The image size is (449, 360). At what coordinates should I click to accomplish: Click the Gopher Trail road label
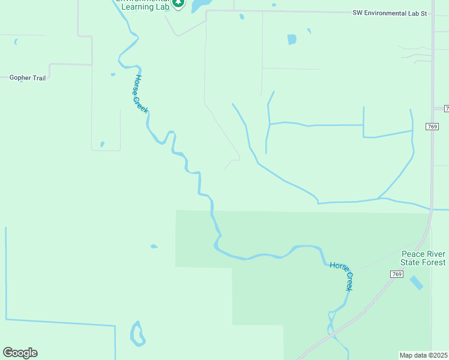pos(28,78)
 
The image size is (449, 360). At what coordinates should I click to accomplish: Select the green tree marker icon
pos(178,4)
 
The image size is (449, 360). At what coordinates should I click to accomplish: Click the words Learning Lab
pos(146,5)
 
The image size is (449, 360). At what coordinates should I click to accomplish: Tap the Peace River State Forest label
pos(423,259)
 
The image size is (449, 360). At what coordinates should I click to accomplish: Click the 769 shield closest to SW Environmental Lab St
pos(433,127)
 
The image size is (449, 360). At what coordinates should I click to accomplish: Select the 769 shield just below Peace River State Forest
pos(396,274)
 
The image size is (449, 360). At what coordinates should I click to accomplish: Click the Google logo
pos(20,353)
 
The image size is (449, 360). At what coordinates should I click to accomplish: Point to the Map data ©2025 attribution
pos(424,355)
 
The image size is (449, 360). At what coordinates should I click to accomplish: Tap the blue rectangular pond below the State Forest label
pos(416,282)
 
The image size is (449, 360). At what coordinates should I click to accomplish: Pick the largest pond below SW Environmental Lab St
pos(292,40)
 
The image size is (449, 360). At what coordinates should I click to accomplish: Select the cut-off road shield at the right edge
pos(446,109)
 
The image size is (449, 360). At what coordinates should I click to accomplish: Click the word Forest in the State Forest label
pos(433,263)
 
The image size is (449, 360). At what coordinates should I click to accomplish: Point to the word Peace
pos(412,254)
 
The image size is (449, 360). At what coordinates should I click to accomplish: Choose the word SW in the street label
pos(358,13)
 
